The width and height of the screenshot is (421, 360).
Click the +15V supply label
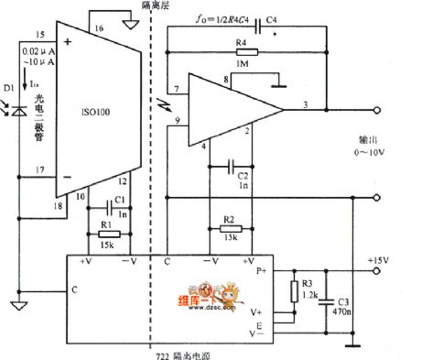(376, 261)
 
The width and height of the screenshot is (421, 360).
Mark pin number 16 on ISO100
(98, 29)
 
